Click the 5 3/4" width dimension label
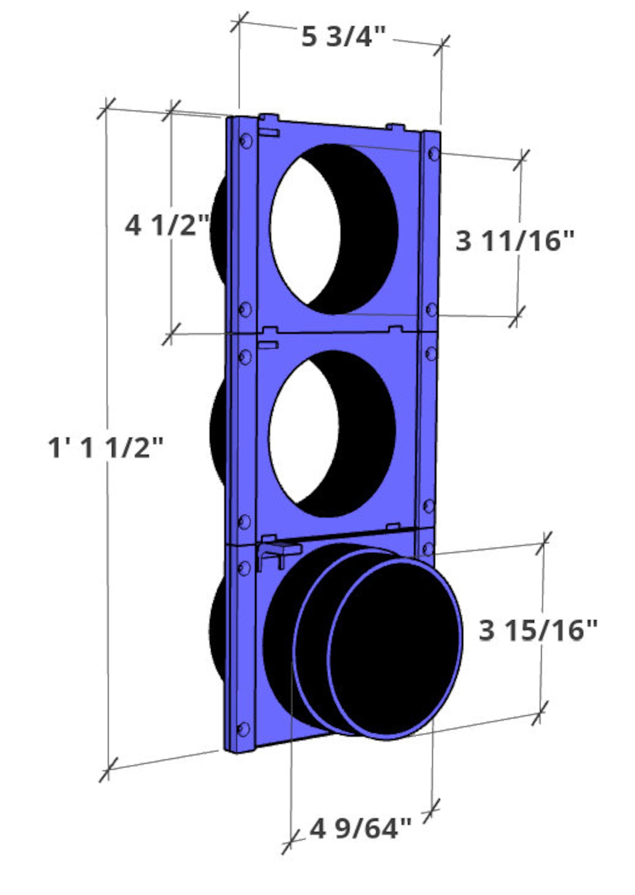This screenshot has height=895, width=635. (x=343, y=37)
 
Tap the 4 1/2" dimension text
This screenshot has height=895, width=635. (x=167, y=226)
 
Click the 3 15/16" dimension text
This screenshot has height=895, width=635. (x=538, y=630)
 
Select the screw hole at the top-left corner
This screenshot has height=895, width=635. (x=246, y=140)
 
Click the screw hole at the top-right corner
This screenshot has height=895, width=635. (x=433, y=153)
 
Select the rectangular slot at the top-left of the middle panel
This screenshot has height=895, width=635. (x=268, y=344)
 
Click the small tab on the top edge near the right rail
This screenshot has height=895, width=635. (x=396, y=127)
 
